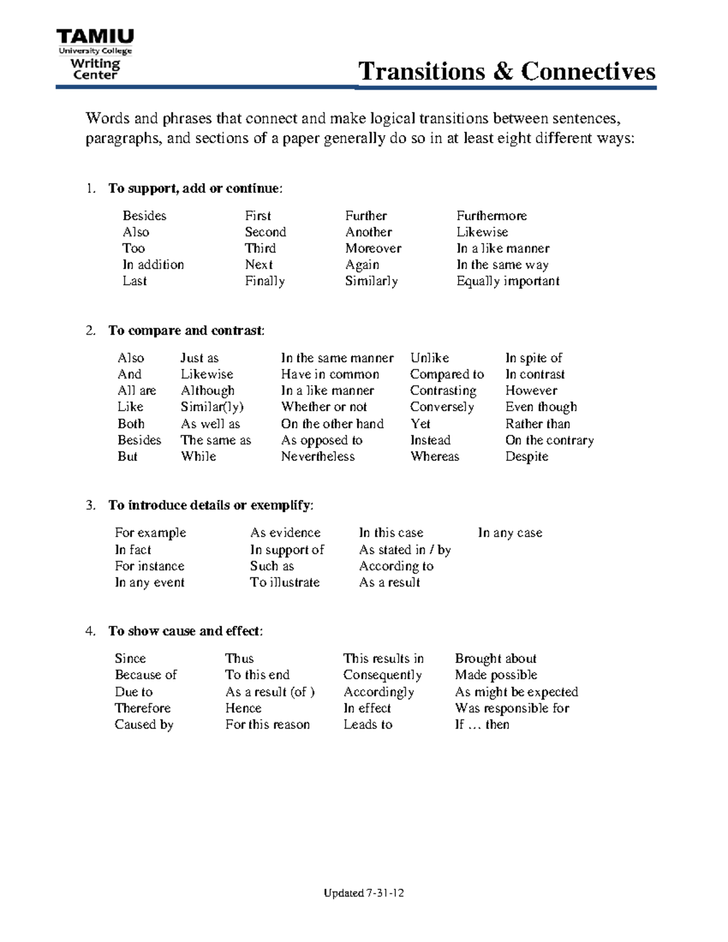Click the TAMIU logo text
[95, 38]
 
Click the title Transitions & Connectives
[507, 72]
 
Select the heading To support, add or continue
[195, 189]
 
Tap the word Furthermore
[491, 216]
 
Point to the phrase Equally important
[508, 281]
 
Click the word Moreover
[373, 249]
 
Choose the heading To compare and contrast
[186, 331]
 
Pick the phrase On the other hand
[332, 424]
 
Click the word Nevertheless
[317, 457]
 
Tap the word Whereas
[434, 457]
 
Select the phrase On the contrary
[549, 440]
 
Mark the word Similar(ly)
[212, 408]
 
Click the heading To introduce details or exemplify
[211, 506]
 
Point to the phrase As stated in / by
[405, 550]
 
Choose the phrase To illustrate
[285, 583]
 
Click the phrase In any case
[510, 533]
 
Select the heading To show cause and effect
[185, 631]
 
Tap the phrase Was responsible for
[512, 708]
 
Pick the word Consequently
[382, 675]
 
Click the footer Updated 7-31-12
[363, 893]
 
